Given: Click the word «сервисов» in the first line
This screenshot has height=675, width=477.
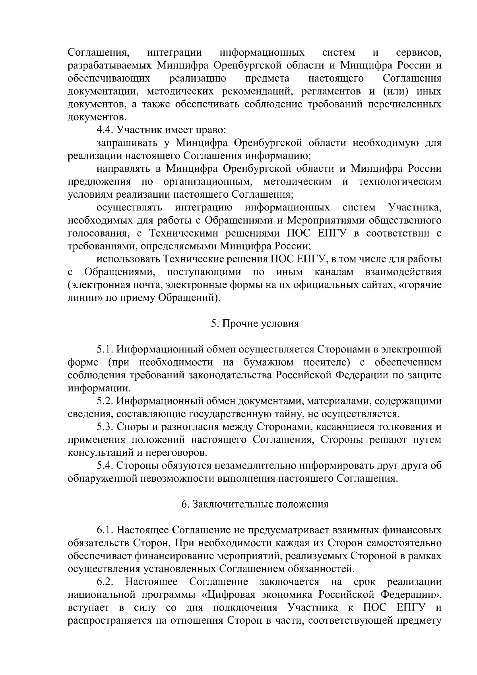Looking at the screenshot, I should tap(419, 53).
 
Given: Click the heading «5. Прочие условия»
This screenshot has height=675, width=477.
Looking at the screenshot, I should tap(255, 324).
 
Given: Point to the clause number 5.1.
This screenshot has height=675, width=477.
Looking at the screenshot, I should tap(105, 350).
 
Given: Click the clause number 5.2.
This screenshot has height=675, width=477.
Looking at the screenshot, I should tap(105, 401).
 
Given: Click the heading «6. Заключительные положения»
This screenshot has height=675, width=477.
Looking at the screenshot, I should tap(255, 504).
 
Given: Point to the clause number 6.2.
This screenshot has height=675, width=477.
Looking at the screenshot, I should tap(105, 582).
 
